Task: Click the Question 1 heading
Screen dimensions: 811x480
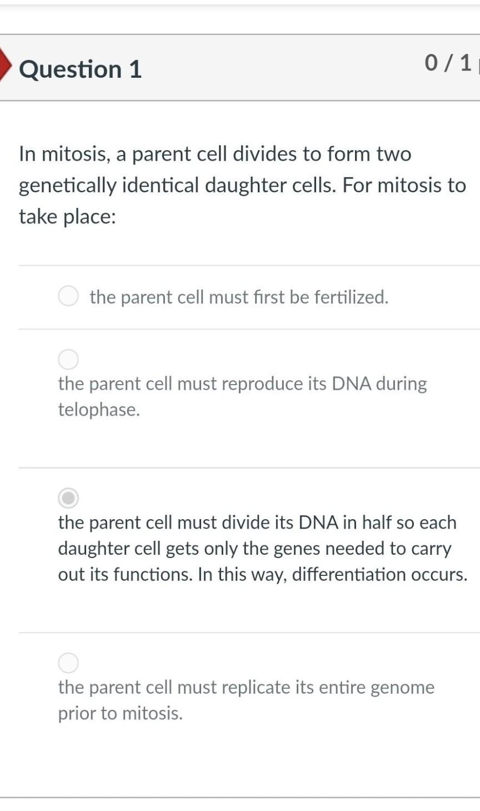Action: pyautogui.click(x=81, y=69)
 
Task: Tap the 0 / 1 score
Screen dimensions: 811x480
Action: pyautogui.click(x=448, y=63)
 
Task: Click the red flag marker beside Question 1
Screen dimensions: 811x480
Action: pyautogui.click(x=5, y=63)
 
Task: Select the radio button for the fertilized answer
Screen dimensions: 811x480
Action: pyautogui.click(x=68, y=296)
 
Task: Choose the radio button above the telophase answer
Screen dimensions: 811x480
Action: pyautogui.click(x=68, y=360)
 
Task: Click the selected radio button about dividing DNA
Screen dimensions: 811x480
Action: pyautogui.click(x=68, y=498)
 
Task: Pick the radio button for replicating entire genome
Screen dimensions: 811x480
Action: pyautogui.click(x=68, y=663)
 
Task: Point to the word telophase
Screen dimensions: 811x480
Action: pyautogui.click(x=98, y=410)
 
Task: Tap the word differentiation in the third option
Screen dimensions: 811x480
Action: pyautogui.click(x=349, y=574)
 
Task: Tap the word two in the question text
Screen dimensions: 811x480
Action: pyautogui.click(x=393, y=154)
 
